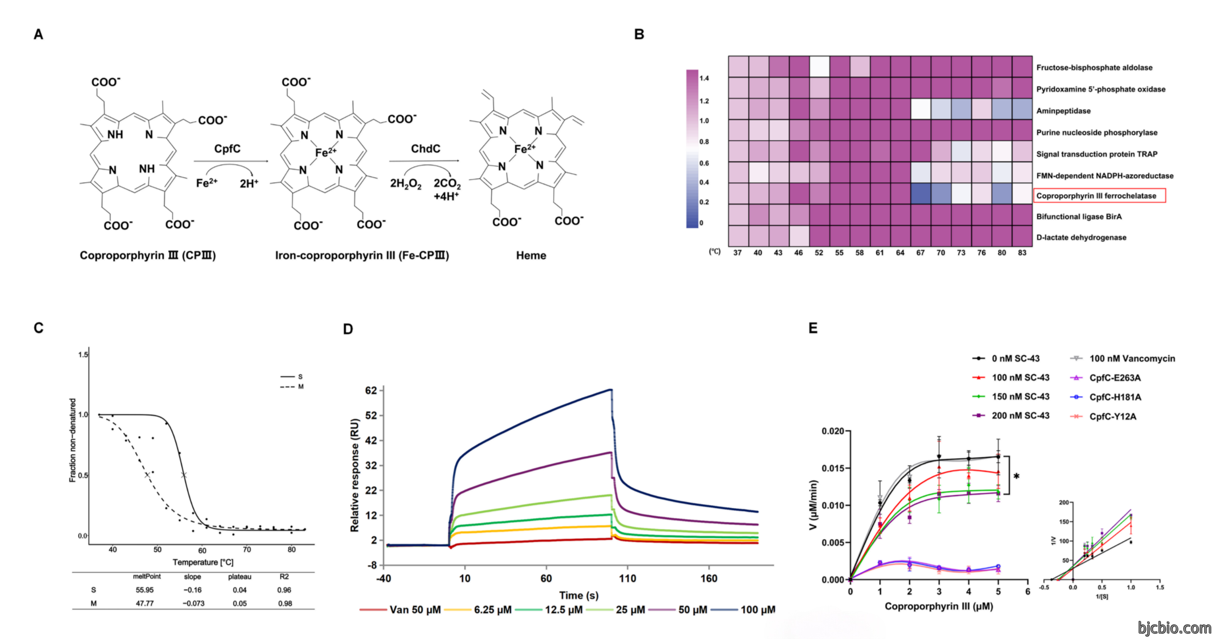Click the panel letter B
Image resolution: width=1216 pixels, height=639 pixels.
[639, 34]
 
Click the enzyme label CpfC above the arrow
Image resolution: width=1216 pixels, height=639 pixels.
[227, 149]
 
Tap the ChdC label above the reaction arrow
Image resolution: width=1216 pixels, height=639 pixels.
[425, 149]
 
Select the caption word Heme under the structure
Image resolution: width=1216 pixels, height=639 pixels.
[531, 256]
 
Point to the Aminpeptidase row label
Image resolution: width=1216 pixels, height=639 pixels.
[1063, 111]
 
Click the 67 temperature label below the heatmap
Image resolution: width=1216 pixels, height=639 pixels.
[920, 253]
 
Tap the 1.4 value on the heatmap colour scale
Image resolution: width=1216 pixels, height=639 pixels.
[704, 78]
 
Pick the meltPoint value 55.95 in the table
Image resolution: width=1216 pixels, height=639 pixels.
[145, 590]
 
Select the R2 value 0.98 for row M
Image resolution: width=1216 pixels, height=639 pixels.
[285, 604]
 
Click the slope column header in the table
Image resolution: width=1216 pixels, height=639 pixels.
[193, 577]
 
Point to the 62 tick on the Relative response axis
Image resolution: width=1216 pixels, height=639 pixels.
[371, 391]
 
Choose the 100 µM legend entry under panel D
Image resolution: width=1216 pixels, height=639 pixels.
[743, 610]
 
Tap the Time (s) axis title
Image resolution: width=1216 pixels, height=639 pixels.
[579, 596]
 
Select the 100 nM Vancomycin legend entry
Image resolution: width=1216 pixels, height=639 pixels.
[1122, 359]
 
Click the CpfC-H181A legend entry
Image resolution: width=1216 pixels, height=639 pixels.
[1106, 397]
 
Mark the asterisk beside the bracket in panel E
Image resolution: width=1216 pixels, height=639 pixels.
[1016, 477]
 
